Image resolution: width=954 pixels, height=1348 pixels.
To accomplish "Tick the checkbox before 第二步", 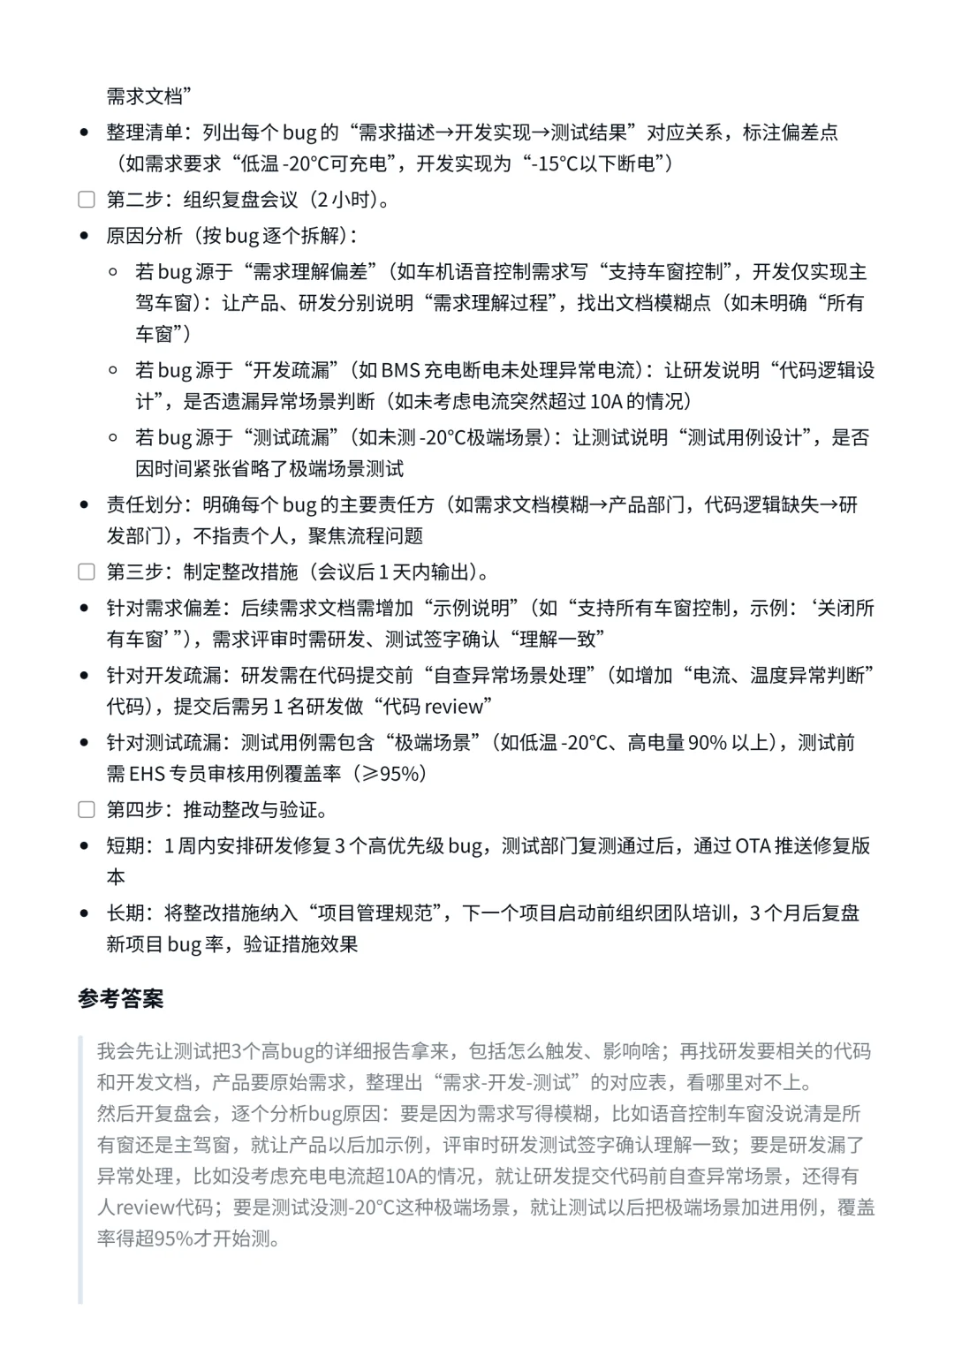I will click(87, 200).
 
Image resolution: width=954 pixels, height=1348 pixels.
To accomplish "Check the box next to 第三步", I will click(87, 572).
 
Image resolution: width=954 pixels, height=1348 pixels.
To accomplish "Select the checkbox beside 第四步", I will click(87, 810).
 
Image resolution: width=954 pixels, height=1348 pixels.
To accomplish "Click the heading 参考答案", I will click(121, 999).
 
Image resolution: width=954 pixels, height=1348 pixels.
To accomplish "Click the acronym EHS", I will click(147, 774).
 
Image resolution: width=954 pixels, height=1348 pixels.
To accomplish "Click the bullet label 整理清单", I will click(144, 133).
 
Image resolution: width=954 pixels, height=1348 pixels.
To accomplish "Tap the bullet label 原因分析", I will click(144, 236).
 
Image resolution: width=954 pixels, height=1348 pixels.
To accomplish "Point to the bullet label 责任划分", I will click(144, 504).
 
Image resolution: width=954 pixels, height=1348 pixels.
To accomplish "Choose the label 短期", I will click(125, 846).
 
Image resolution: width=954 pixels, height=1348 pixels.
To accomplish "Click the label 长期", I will click(125, 913).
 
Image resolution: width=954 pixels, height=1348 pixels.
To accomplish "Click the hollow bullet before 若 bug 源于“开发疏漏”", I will click(113, 370).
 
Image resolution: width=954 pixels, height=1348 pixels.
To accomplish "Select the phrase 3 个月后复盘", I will click(805, 913).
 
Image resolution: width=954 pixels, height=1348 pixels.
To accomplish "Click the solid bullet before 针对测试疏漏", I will click(85, 743).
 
